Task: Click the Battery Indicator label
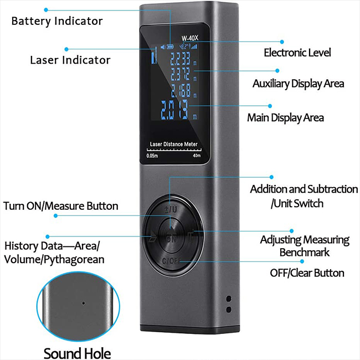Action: [x=57, y=21]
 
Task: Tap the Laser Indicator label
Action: [x=70, y=60]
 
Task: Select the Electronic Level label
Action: [x=297, y=53]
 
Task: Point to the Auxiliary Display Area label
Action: [x=298, y=84]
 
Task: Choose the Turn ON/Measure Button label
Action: [x=61, y=206]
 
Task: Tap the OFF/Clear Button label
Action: [x=307, y=272]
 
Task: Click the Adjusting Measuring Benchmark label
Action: [x=305, y=246]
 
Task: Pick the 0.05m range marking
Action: [x=153, y=156]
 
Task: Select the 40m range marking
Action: [x=197, y=156]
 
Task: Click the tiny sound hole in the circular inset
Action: [x=83, y=303]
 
